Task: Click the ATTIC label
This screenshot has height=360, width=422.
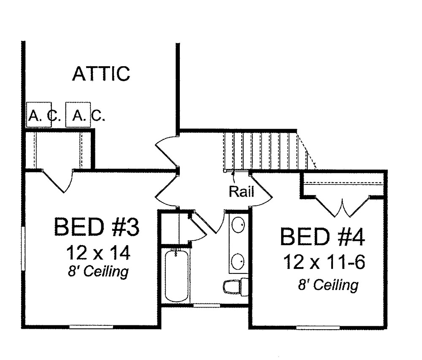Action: pos(101,73)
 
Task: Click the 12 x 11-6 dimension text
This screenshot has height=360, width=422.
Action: pos(324,262)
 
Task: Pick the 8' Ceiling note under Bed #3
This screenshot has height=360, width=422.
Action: pos(98,271)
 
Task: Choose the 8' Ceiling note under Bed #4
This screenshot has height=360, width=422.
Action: pos(328,285)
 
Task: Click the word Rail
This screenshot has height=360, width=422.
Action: pos(241,192)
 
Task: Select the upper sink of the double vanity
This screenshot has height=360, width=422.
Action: pos(238,225)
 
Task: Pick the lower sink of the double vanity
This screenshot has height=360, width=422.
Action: pos(238,261)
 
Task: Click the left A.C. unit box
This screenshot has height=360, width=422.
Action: pos(39,114)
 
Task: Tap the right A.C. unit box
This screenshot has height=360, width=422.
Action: pos(78,114)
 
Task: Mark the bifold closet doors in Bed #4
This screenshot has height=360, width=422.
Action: pos(342,207)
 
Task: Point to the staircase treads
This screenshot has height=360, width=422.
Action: pos(265,151)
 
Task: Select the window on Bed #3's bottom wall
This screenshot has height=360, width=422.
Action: pos(91,327)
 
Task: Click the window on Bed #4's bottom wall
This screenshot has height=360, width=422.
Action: pos(318,328)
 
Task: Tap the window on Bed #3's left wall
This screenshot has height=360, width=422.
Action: pos(23,248)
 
